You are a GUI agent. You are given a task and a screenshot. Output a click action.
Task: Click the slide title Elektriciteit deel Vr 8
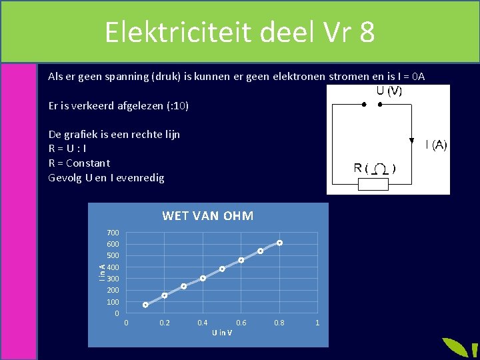[x=239, y=31]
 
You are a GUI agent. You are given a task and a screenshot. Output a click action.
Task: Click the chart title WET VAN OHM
[x=208, y=216]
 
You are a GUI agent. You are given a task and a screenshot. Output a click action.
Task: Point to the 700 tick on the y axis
[x=113, y=233]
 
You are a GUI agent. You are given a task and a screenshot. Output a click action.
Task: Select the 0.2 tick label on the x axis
[x=165, y=323]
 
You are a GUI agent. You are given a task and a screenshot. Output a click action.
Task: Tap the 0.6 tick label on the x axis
[x=241, y=323]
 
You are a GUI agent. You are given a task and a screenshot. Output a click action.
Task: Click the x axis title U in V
[x=222, y=333]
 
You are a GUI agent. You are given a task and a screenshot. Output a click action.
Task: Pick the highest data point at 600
[x=280, y=243]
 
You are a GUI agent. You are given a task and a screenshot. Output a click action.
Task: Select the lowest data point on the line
[x=145, y=305]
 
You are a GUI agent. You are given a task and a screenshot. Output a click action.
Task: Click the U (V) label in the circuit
[x=389, y=92]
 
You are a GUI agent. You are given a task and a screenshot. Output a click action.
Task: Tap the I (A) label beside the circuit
[x=437, y=144]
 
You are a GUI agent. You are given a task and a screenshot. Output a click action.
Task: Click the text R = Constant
[x=79, y=163]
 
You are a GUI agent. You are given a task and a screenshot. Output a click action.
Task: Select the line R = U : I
[x=67, y=149]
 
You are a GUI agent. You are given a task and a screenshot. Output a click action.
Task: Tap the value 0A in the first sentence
[x=417, y=77]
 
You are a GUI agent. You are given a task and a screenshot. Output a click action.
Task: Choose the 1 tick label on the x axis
[x=317, y=323]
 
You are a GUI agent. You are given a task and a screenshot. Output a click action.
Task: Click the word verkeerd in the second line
[x=93, y=105]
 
